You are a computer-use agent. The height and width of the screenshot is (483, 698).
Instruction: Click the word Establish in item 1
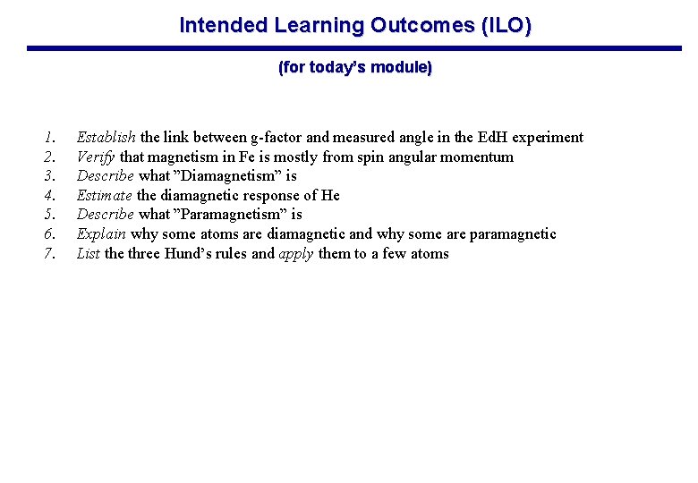(x=106, y=138)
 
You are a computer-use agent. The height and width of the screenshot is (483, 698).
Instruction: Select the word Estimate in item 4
(x=105, y=196)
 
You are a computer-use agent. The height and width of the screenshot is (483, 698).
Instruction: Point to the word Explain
(x=101, y=234)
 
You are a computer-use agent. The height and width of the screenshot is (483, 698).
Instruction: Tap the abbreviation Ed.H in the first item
(x=491, y=138)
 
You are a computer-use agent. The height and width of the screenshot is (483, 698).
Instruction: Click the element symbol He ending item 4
(x=330, y=196)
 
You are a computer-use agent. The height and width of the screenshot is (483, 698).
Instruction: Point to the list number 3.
(x=50, y=176)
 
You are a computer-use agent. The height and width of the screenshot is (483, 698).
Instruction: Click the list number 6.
(x=50, y=234)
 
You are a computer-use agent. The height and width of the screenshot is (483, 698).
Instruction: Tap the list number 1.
(x=50, y=138)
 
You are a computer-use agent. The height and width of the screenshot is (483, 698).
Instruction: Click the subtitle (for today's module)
(x=355, y=68)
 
